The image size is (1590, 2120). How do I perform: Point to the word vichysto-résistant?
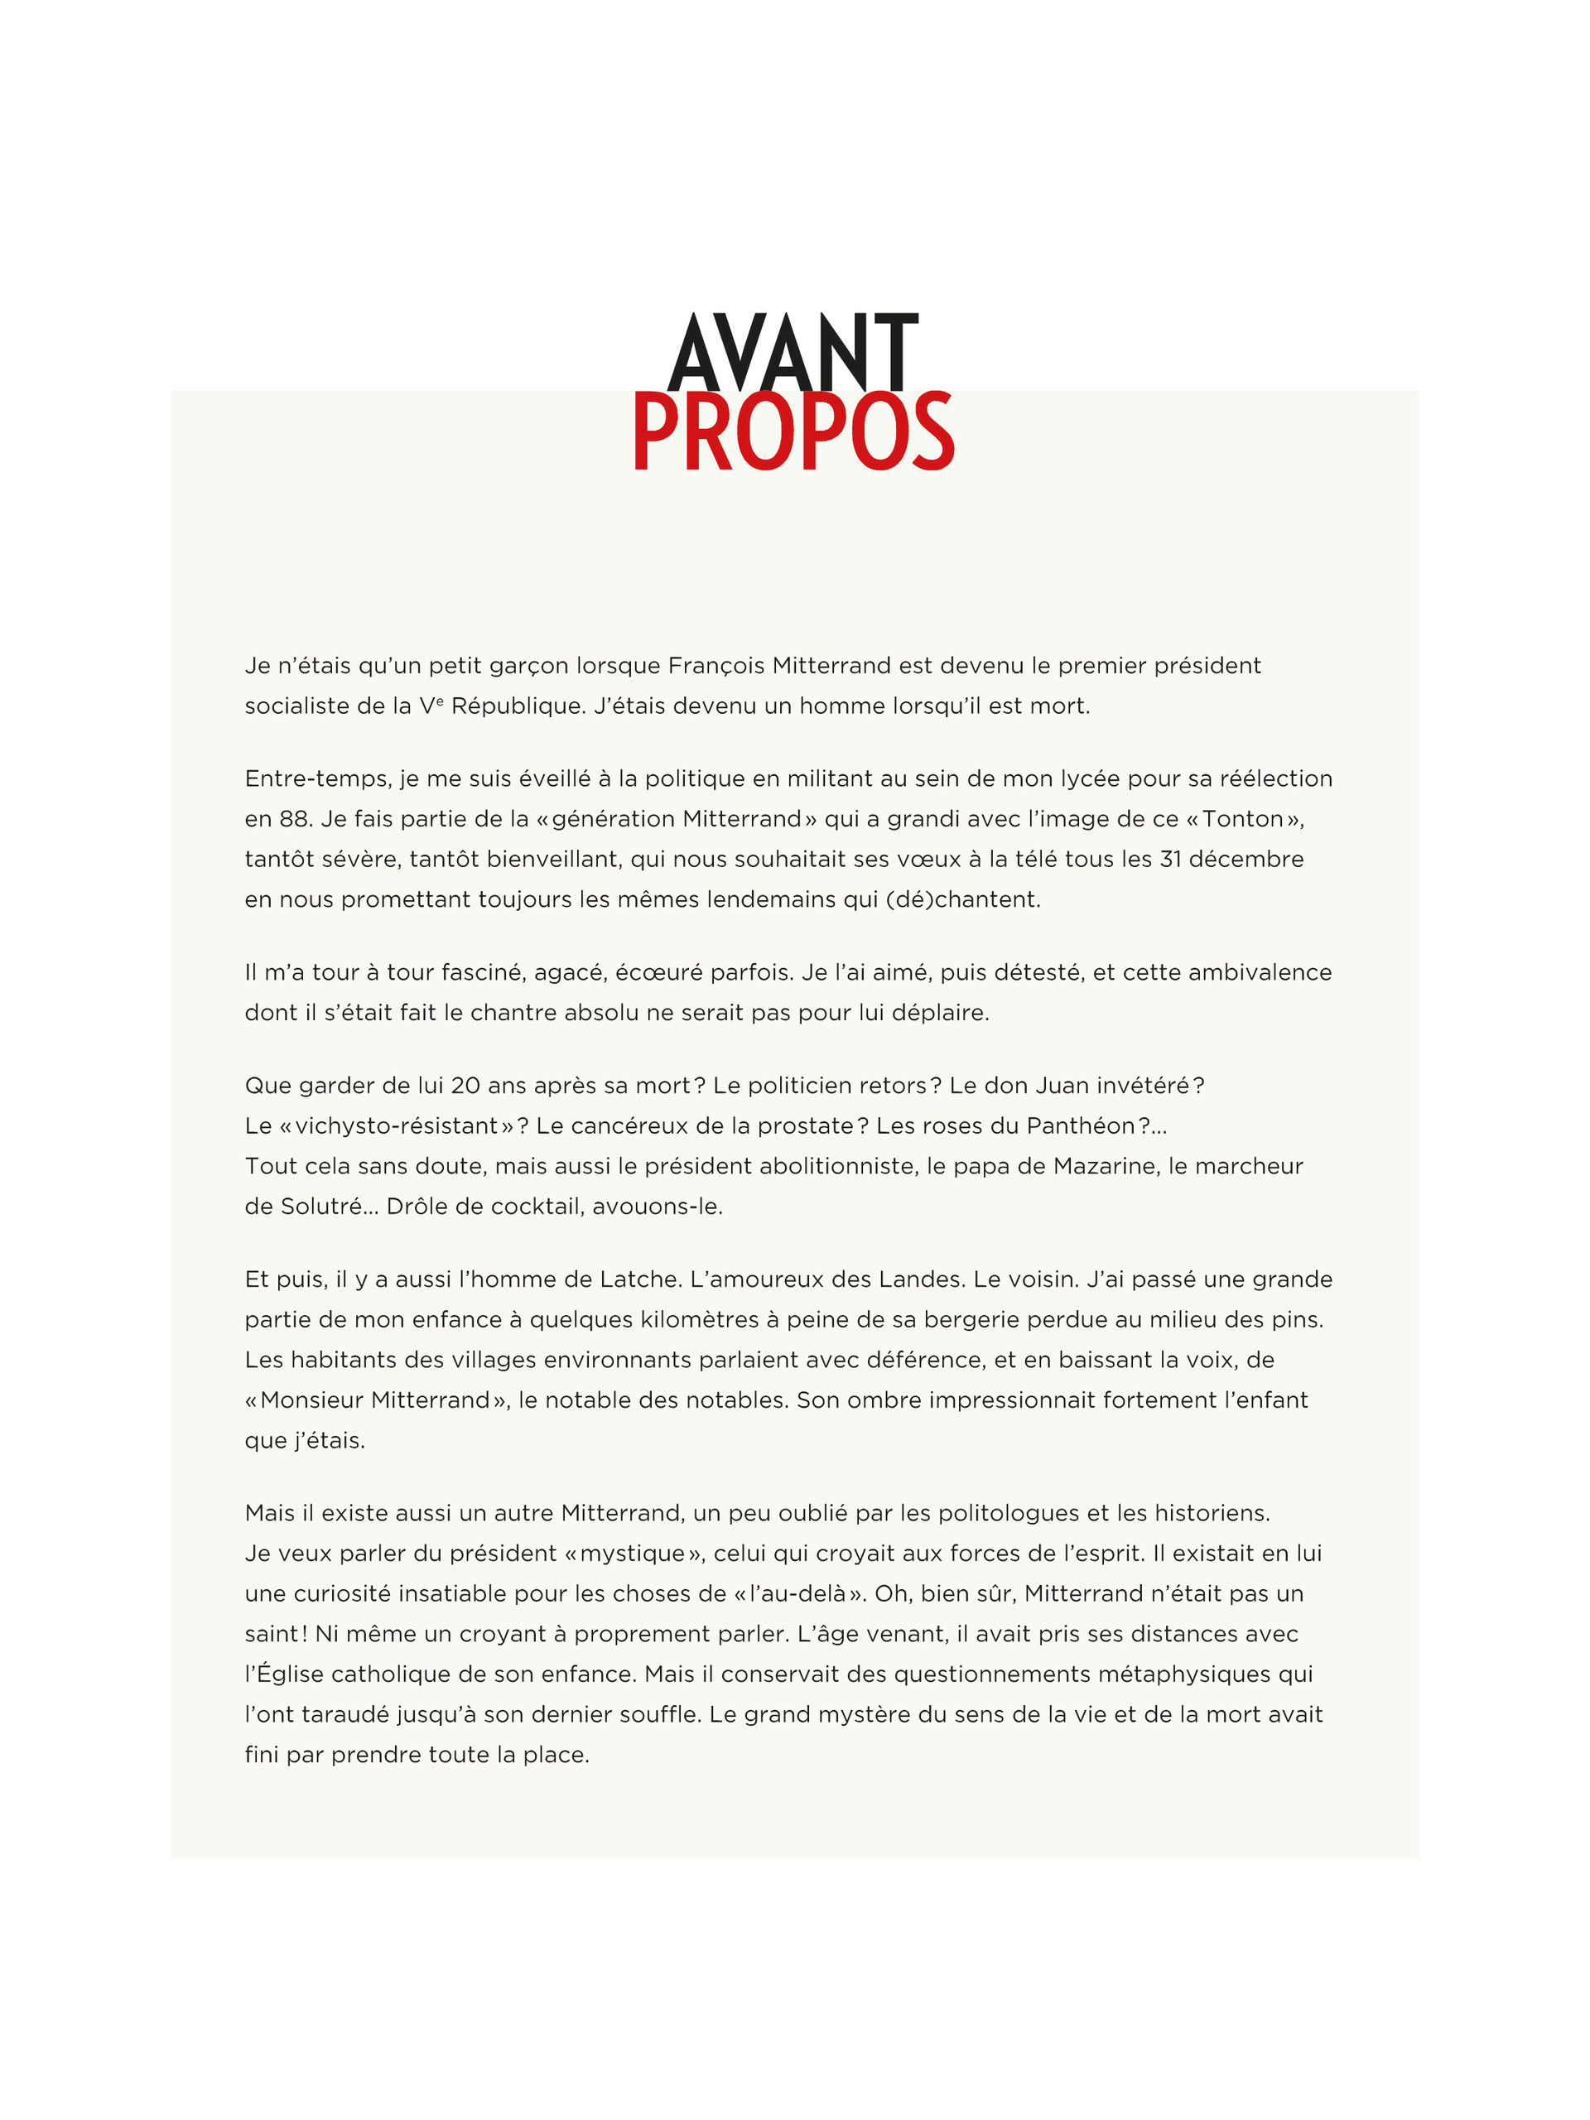tap(397, 1126)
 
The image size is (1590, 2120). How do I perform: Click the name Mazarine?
tap(1104, 1166)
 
